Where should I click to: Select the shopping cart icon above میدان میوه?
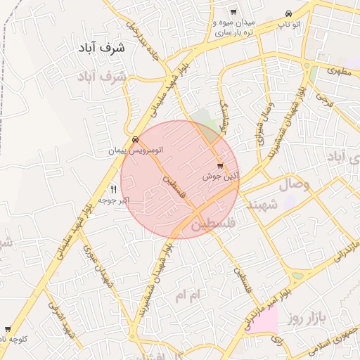pos(233,12)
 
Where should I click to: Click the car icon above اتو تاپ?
pos(289,13)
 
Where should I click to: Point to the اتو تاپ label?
pos(289,25)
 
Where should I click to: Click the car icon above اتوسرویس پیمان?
pos(135,139)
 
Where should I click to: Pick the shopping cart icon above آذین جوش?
pos(221,166)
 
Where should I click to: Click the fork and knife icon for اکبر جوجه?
pos(113,190)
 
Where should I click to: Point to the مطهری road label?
pos(338,71)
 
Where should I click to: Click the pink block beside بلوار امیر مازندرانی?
pos(263,320)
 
